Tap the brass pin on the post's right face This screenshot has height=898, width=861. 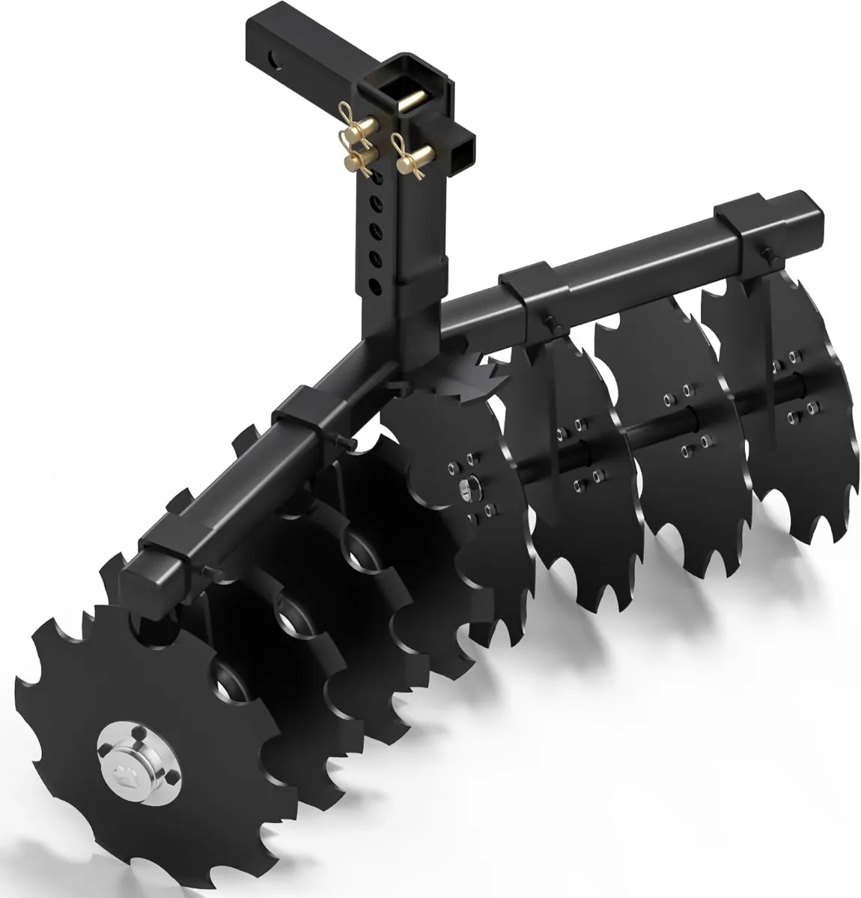click(x=416, y=159)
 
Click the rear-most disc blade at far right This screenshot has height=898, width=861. click(x=794, y=419)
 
